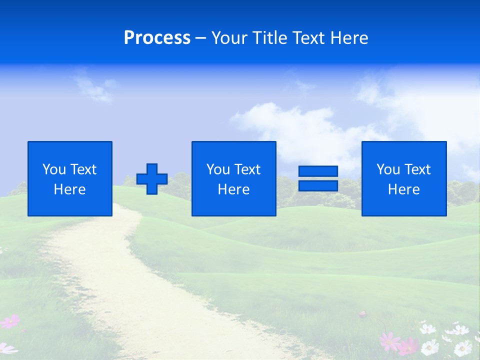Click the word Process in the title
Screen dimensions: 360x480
[157, 38]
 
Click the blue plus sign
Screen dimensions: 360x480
[152, 179]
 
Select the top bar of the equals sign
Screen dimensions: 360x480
[318, 171]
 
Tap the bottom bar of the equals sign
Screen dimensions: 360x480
[318, 186]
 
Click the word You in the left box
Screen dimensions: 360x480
[54, 169]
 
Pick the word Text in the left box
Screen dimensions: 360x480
[83, 169]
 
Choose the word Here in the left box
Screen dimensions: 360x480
[69, 189]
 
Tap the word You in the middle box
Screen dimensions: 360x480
[218, 169]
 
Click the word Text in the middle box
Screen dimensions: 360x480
[247, 169]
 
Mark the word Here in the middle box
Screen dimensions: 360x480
[233, 189]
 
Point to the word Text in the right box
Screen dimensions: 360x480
[417, 169]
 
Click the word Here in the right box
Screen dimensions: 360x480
[403, 189]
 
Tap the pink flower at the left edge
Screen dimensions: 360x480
[10, 321]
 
